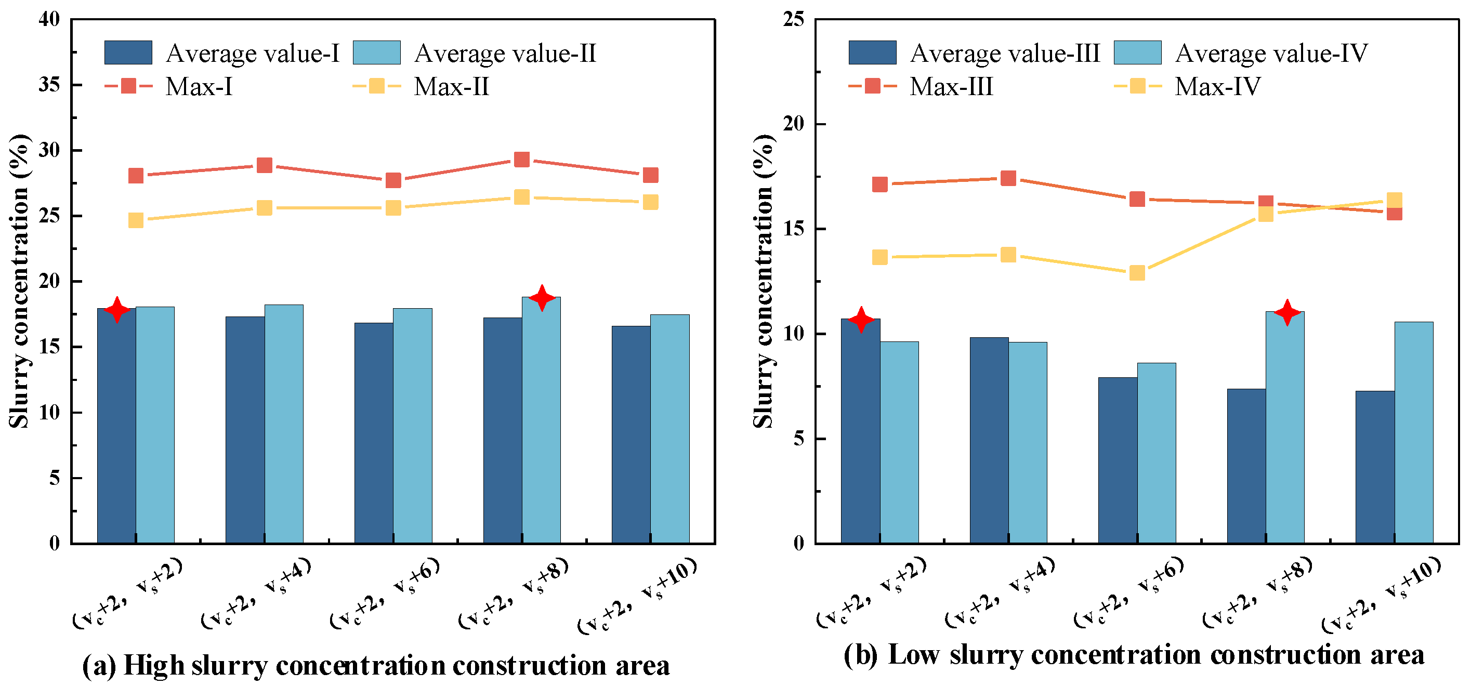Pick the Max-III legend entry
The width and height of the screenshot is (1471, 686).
(921, 87)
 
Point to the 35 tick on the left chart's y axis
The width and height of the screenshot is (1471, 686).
(50, 85)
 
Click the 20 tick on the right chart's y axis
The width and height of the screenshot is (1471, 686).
(793, 124)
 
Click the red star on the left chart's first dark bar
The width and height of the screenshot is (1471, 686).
(117, 310)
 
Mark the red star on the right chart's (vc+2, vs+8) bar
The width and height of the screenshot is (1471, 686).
(1287, 312)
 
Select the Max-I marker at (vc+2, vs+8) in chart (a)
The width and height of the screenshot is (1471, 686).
(521, 159)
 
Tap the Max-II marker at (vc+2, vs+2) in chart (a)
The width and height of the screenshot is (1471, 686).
(136, 220)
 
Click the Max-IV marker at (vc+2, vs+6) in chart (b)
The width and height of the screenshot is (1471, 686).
(1137, 273)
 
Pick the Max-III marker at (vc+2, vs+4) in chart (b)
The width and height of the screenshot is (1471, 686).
(1008, 178)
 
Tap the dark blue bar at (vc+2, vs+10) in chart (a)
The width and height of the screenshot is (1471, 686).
(631, 434)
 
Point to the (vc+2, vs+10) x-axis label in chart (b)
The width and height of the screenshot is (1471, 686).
(1381, 595)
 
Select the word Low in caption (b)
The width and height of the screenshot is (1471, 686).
(914, 655)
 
